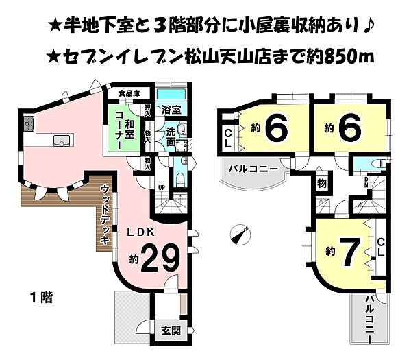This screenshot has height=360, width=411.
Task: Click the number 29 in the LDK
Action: [x=161, y=258]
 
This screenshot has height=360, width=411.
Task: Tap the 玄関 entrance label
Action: [x=171, y=330]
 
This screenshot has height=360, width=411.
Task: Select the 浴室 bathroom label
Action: [x=171, y=108]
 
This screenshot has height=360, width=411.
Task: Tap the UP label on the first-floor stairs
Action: [x=162, y=187]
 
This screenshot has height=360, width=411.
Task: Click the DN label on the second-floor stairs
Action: [x=365, y=182]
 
